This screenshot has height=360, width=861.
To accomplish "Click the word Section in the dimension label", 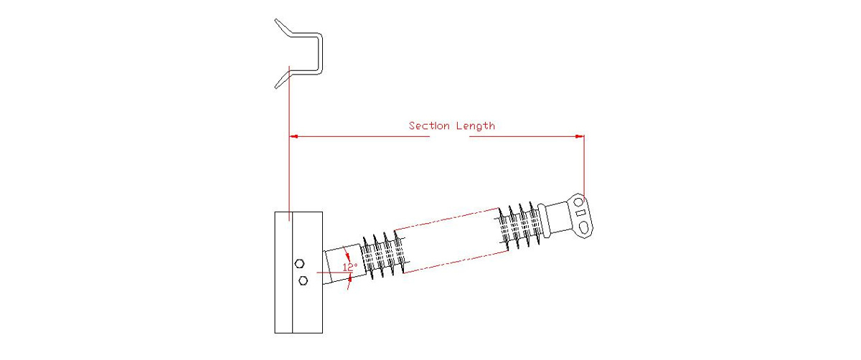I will coord(429,125).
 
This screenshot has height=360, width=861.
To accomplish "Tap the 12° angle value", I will coord(350,267).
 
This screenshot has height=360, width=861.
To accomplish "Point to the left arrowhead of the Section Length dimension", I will coord(293,135).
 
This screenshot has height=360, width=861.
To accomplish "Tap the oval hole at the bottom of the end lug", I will coord(586,227).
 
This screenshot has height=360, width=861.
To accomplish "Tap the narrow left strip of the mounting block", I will coord(283,273).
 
